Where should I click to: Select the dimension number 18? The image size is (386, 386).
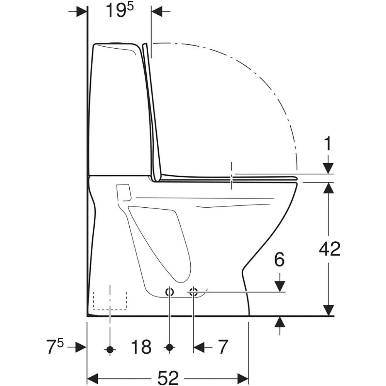[141, 347]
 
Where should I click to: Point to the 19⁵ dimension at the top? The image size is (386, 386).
[119, 10]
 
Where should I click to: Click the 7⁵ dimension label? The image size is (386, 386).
[55, 346]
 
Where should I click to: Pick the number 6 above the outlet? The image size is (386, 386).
[279, 259]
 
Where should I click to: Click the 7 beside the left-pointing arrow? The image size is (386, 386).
[223, 347]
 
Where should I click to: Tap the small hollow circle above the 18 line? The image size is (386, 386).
[169, 292]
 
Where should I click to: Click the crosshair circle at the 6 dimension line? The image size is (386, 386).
[193, 292]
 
